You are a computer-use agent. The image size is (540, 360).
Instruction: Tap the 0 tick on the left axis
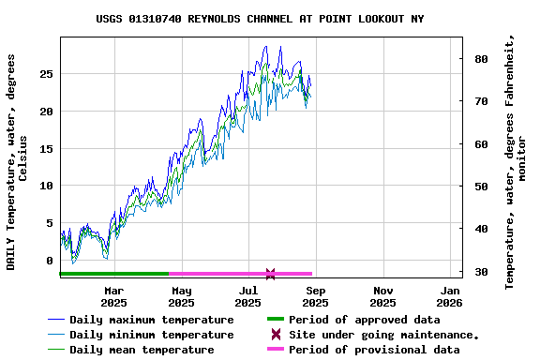point(51,262)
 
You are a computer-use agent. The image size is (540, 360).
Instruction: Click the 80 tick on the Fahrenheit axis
point(481,59)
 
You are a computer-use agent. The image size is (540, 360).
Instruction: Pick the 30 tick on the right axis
point(481,272)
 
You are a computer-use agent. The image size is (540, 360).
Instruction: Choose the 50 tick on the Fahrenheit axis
point(481,187)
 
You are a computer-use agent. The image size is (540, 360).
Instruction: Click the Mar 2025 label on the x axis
point(113,296)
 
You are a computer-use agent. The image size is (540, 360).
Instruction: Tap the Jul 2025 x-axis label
point(247,296)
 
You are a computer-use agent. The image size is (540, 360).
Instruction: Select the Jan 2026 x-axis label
point(450,296)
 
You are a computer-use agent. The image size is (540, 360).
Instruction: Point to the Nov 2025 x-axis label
point(382,296)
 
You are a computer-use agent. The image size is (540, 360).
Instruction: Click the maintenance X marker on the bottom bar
point(270,274)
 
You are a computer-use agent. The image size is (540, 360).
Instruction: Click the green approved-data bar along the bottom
point(112,274)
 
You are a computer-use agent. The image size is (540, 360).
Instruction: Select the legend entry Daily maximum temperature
point(151,320)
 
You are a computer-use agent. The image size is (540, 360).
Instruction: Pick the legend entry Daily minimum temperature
point(151,335)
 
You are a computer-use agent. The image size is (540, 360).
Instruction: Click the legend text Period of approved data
point(365,320)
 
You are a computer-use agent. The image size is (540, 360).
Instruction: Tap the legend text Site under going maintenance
point(384,335)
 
